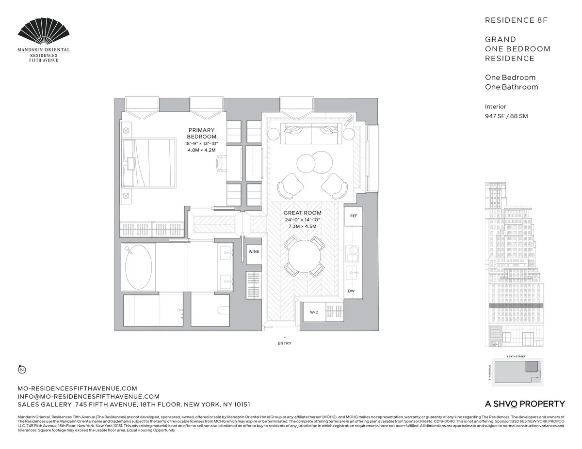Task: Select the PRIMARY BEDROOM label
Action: [201, 133]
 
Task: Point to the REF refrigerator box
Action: [353, 216]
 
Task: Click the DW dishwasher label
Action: [351, 291]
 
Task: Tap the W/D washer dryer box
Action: [314, 312]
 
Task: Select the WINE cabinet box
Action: [254, 252]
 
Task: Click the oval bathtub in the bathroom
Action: [138, 267]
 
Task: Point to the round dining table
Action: [305, 255]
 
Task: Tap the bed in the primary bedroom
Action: [150, 163]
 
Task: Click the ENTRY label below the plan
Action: [285, 343]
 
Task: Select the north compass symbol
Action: [22, 371]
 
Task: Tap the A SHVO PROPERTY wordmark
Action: [525, 404]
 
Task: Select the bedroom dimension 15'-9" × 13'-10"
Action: [202, 144]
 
